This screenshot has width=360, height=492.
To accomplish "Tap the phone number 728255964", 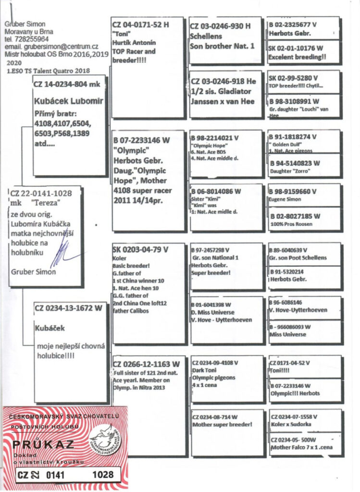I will point(30,39).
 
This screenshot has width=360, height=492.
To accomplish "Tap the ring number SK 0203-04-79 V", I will point(140,250).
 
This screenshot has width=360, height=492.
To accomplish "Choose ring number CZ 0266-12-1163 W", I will point(146,364).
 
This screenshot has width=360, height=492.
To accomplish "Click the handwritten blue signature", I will point(60,255).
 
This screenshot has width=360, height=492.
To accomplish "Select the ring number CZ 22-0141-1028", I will point(41,193).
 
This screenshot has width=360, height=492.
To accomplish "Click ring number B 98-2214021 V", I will point(215,138).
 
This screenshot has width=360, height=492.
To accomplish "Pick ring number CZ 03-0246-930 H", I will point(221,26).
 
